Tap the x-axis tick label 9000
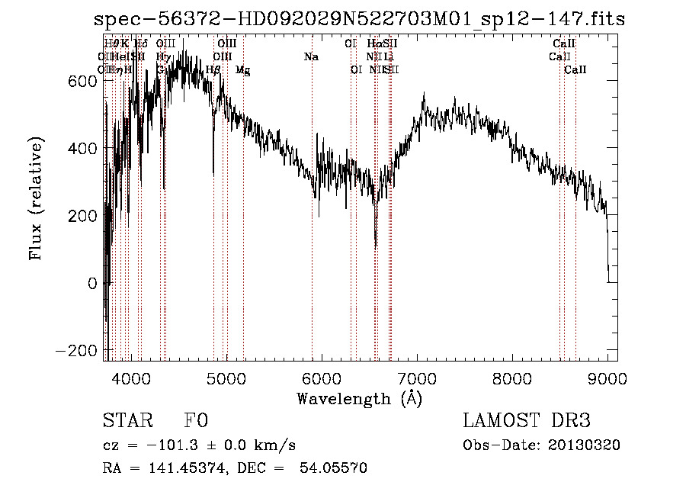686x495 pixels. point(607,378)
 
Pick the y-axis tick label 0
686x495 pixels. point(92,283)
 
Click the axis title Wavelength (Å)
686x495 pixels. point(359,398)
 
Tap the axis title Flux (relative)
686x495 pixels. point(36,200)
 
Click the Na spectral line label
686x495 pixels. point(311,57)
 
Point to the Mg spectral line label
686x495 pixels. point(242,70)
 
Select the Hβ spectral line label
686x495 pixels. point(213,70)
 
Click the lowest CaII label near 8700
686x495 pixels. point(575,70)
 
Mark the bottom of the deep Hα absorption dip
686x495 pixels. point(375,246)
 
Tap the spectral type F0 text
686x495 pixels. point(196,421)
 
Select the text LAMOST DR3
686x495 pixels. point(527,421)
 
